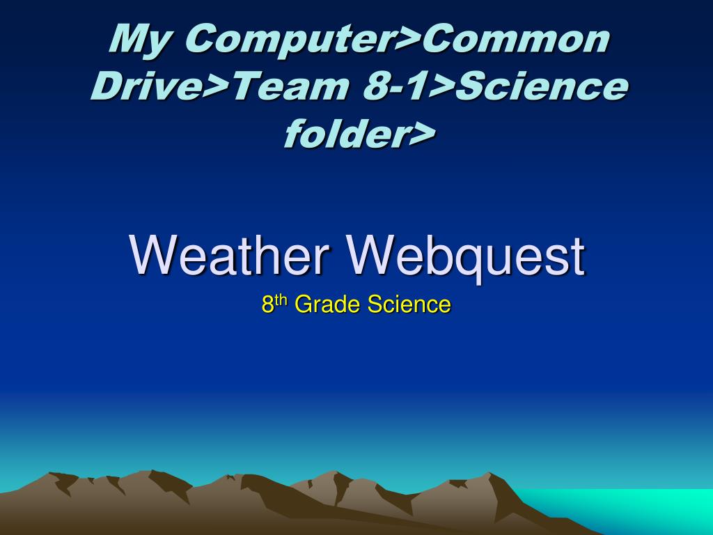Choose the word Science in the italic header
point(542,86)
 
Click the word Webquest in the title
point(467,256)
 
